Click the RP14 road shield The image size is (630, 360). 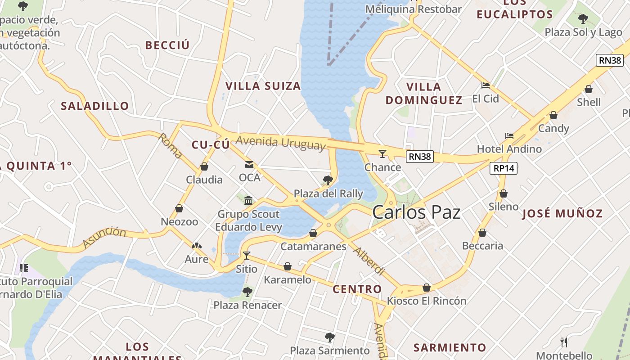tap(504, 168)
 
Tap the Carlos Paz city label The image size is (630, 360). tap(417, 212)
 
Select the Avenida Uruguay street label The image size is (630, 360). tap(280, 143)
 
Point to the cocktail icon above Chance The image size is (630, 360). tap(382, 154)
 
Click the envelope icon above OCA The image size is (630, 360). tap(249, 165)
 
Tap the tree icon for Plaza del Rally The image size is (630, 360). tap(328, 180)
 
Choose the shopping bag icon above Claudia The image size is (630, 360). tap(204, 166)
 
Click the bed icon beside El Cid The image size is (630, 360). tap(485, 85)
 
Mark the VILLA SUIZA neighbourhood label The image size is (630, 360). tap(263, 86)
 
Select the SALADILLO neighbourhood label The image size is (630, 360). tap(95, 106)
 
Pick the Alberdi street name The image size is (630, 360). tap(369, 261)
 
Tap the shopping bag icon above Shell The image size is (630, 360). tap(589, 89)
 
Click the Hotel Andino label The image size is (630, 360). tap(509, 149)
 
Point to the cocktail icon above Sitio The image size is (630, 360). tap(247, 256)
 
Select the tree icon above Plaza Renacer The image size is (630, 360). tap(247, 292)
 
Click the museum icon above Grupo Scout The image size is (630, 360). tap(248, 200)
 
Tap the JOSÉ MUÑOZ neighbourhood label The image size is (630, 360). tap(562, 214)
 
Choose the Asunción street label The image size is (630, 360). tap(104, 238)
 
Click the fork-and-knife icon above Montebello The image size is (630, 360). tap(563, 342)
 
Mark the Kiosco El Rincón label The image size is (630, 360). tap(427, 301)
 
